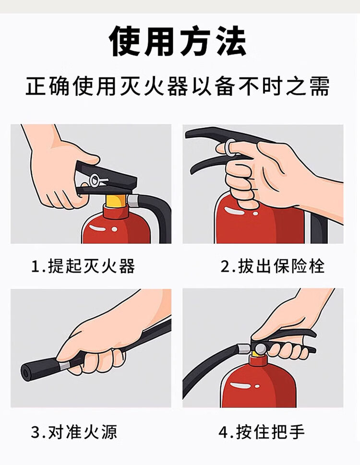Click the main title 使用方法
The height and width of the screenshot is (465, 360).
pyautogui.click(x=178, y=41)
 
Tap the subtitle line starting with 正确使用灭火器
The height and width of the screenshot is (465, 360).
pyautogui.click(x=178, y=86)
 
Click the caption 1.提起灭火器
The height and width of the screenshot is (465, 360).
pyautogui.click(x=83, y=266)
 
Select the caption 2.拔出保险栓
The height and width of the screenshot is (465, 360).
pyautogui.click(x=272, y=266)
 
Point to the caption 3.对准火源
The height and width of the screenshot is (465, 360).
pyautogui.click(x=74, y=432)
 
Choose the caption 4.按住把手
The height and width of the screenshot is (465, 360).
pyautogui.click(x=262, y=432)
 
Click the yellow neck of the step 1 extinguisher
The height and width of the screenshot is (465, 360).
pyautogui.click(x=116, y=201)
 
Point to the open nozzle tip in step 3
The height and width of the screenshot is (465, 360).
pyautogui.click(x=25, y=370)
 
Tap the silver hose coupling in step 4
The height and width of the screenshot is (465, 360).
pyautogui.click(x=244, y=349)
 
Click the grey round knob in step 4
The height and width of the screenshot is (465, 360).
pyautogui.click(x=261, y=348)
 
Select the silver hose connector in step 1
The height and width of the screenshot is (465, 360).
pyautogui.click(x=134, y=201)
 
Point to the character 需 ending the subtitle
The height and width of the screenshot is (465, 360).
pyautogui.click(x=320, y=86)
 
